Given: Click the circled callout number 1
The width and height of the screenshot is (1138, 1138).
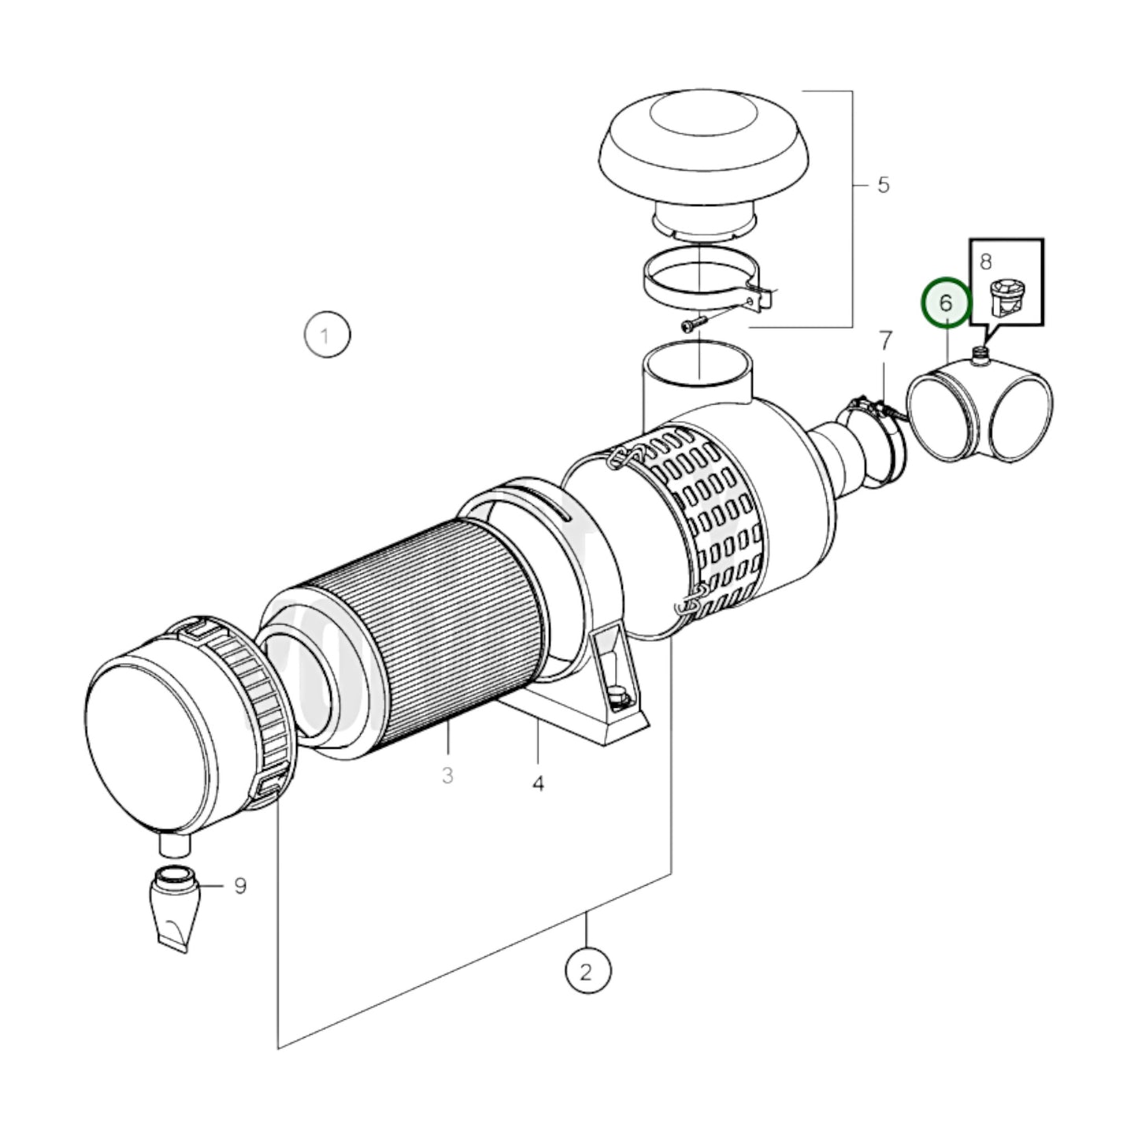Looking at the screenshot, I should point(327,336).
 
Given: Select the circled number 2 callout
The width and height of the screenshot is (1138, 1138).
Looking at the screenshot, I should point(587,972).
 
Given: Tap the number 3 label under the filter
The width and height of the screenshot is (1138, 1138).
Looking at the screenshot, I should point(447,776).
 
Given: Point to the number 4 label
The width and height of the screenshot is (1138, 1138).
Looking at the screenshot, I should point(538,784).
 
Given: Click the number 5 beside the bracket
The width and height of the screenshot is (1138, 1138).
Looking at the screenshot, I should point(883,185).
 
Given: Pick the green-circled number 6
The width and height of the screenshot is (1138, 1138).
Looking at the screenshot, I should point(946,303).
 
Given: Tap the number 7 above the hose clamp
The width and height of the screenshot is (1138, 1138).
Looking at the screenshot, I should point(885,341).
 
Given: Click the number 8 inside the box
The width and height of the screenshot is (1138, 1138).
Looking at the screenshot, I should point(985,261).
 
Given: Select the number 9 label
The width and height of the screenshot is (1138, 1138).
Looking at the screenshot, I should point(239,886).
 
